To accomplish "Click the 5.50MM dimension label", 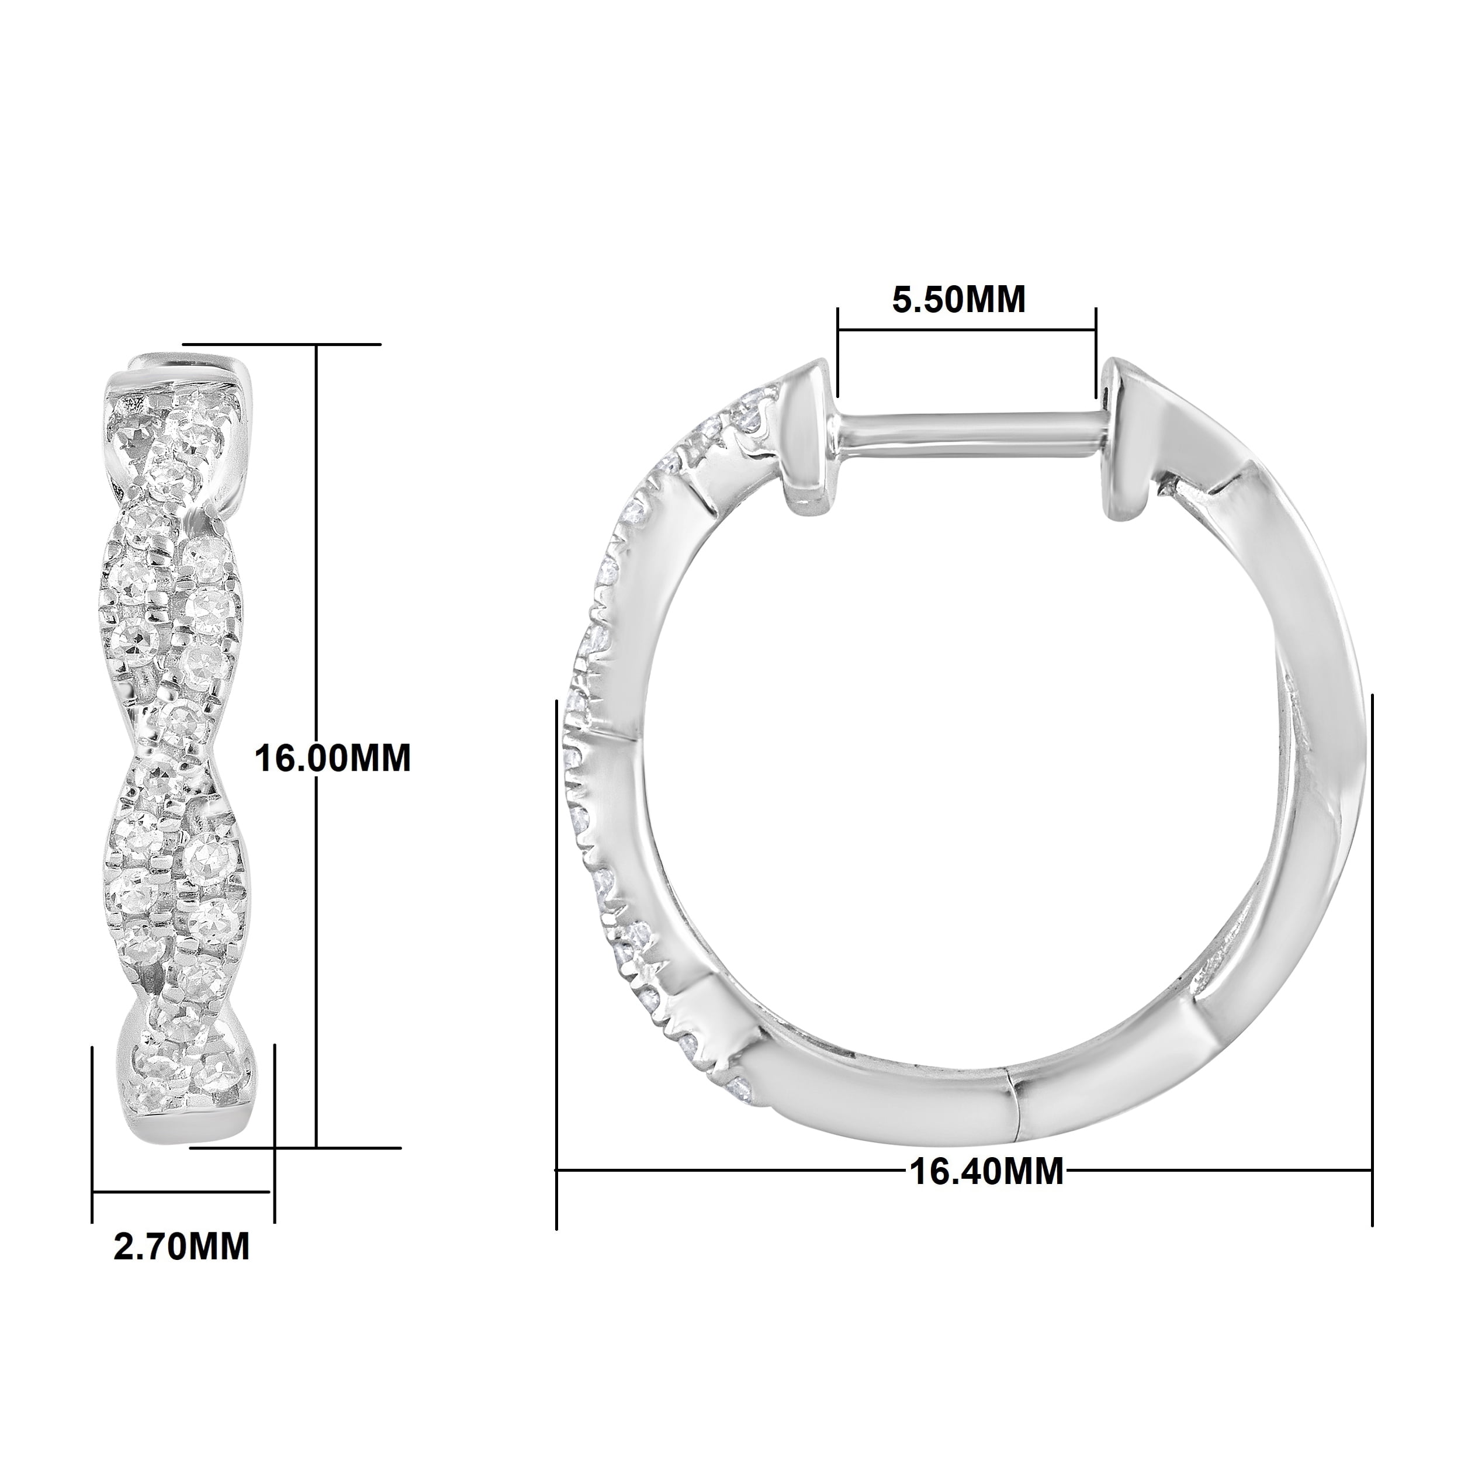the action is coord(959,300).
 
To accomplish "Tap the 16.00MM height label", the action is coord(332,758).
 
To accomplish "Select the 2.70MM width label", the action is coord(182,1247).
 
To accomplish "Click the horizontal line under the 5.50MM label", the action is coord(967,329).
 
